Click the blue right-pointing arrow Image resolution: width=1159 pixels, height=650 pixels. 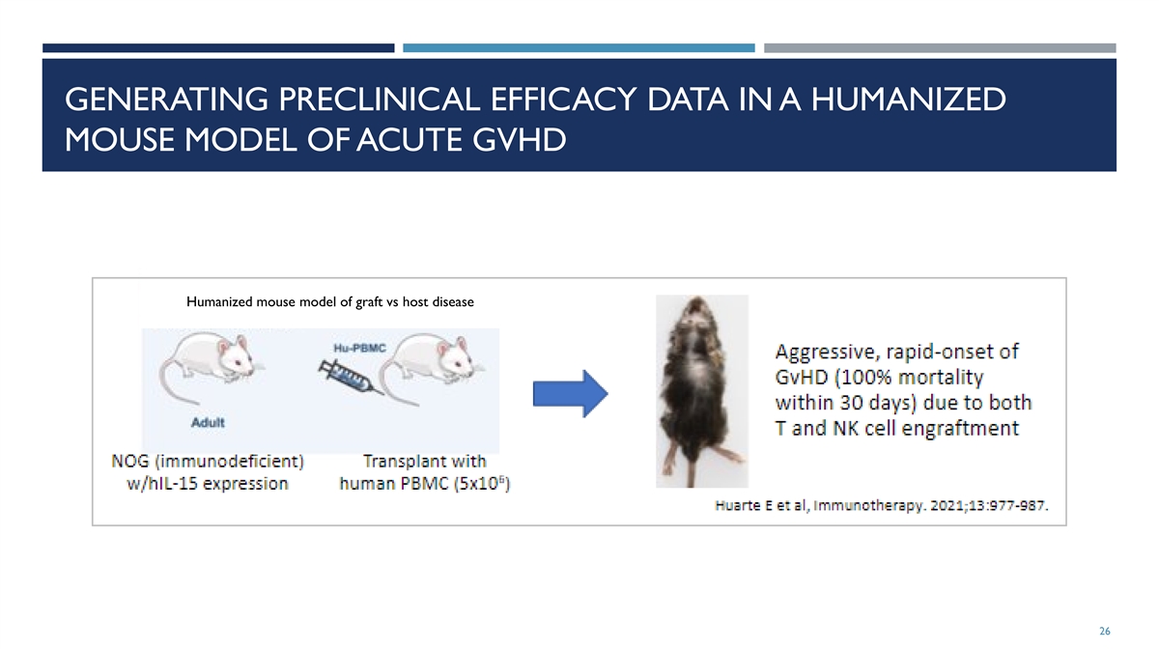[570, 393]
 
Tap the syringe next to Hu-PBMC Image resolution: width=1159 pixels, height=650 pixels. [351, 378]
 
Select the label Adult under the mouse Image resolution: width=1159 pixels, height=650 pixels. [208, 422]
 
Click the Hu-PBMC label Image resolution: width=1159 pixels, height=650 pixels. [359, 348]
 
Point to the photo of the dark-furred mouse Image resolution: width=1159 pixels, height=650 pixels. [701, 391]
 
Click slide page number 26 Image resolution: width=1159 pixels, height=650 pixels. [1105, 631]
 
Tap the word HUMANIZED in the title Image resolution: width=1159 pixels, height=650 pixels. [908, 99]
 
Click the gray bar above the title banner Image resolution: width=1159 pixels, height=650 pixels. [940, 48]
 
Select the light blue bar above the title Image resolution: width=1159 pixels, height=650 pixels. [579, 48]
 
